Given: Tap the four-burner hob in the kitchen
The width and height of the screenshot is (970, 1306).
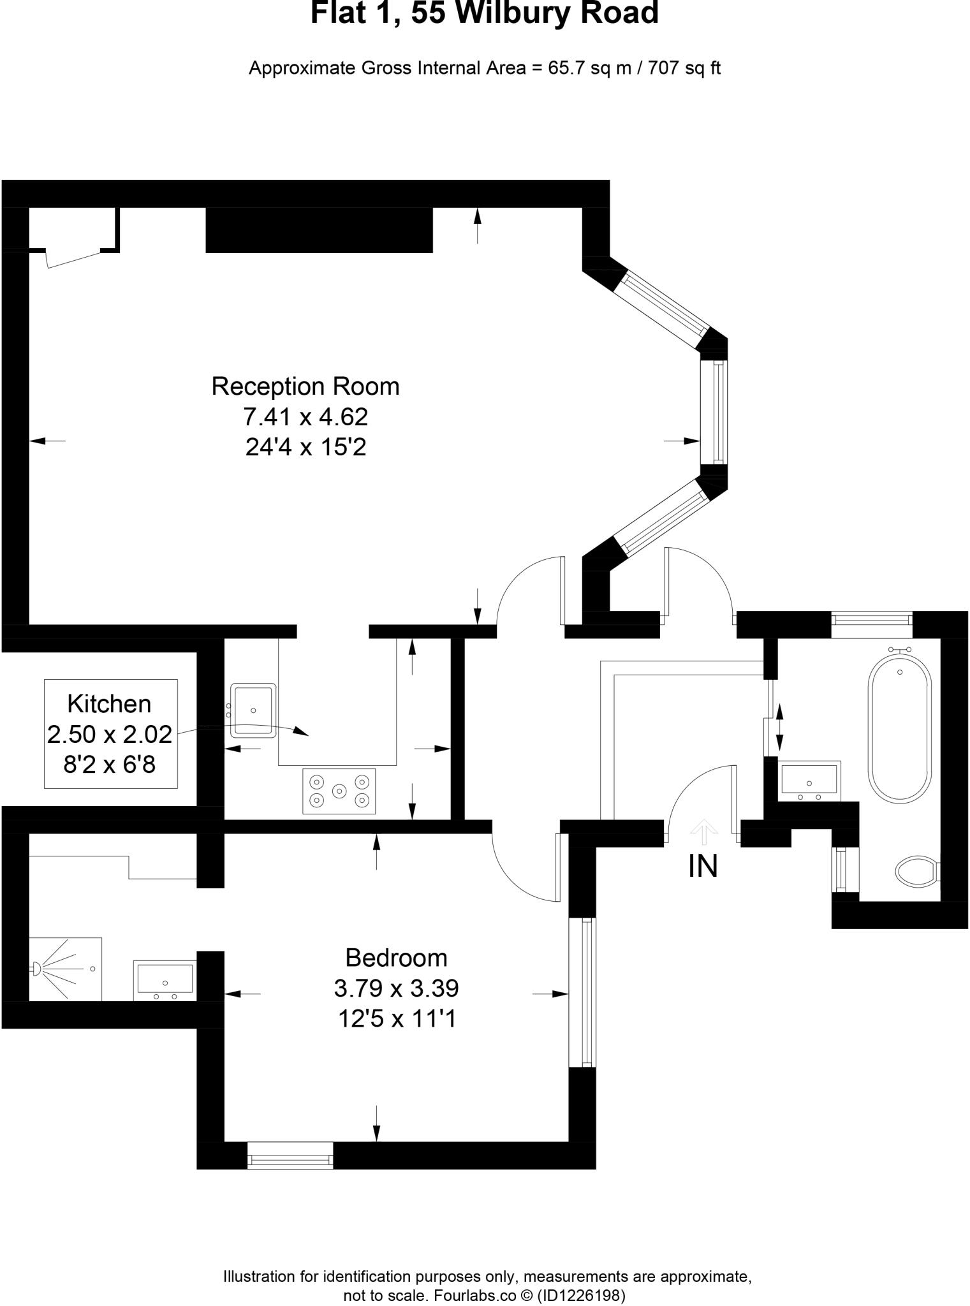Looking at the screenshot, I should coord(339,791).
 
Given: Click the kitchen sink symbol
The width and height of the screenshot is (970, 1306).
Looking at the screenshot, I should coord(254,710).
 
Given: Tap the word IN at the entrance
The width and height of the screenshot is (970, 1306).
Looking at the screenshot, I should coord(703,867).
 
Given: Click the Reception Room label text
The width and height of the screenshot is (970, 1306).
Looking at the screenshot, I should coord(305,386).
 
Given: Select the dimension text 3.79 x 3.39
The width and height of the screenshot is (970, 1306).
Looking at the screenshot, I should coord(396,988).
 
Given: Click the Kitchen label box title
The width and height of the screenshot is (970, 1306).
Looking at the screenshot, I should coord(109,704).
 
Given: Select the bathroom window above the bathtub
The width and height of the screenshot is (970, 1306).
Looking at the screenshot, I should coord(872,624).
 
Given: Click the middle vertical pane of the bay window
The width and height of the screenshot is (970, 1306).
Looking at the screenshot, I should coord(714,413).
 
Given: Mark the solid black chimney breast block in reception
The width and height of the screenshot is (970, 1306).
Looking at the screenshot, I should coord(319,230).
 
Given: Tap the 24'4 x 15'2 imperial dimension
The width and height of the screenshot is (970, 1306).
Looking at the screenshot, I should coord(305,448).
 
